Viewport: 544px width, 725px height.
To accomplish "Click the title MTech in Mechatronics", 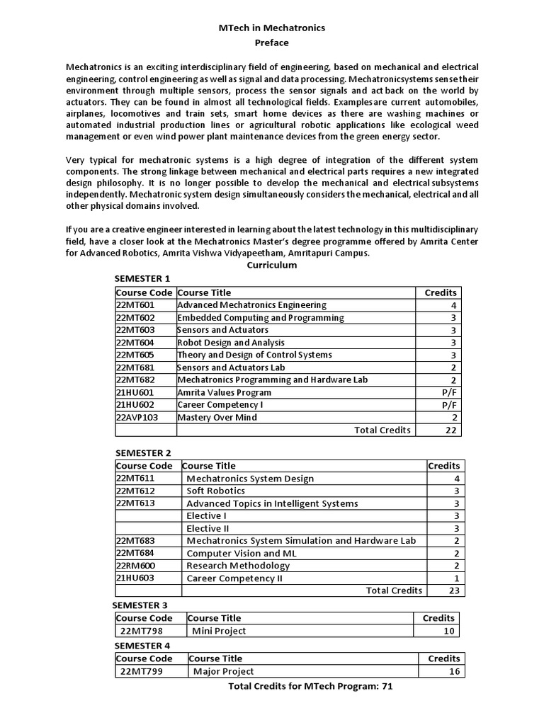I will (x=271, y=28).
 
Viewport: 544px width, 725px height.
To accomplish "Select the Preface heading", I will (x=271, y=42).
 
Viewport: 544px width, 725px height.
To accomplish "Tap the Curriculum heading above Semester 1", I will (x=271, y=265).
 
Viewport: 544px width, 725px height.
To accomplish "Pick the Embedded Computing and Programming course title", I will (x=261, y=318).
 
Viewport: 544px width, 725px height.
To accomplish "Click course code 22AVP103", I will (x=137, y=417).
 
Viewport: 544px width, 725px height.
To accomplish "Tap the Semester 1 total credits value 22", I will (x=451, y=430).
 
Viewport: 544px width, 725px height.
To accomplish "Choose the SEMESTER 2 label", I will (x=143, y=452).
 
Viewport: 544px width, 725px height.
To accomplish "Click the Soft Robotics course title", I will (x=215, y=491).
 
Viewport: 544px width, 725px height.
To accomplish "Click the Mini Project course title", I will (x=219, y=631).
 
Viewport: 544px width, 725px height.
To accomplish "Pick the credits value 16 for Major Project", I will (x=453, y=671).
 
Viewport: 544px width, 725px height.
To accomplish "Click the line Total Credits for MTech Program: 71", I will (x=310, y=687).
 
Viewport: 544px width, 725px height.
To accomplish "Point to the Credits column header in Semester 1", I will (x=441, y=292).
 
